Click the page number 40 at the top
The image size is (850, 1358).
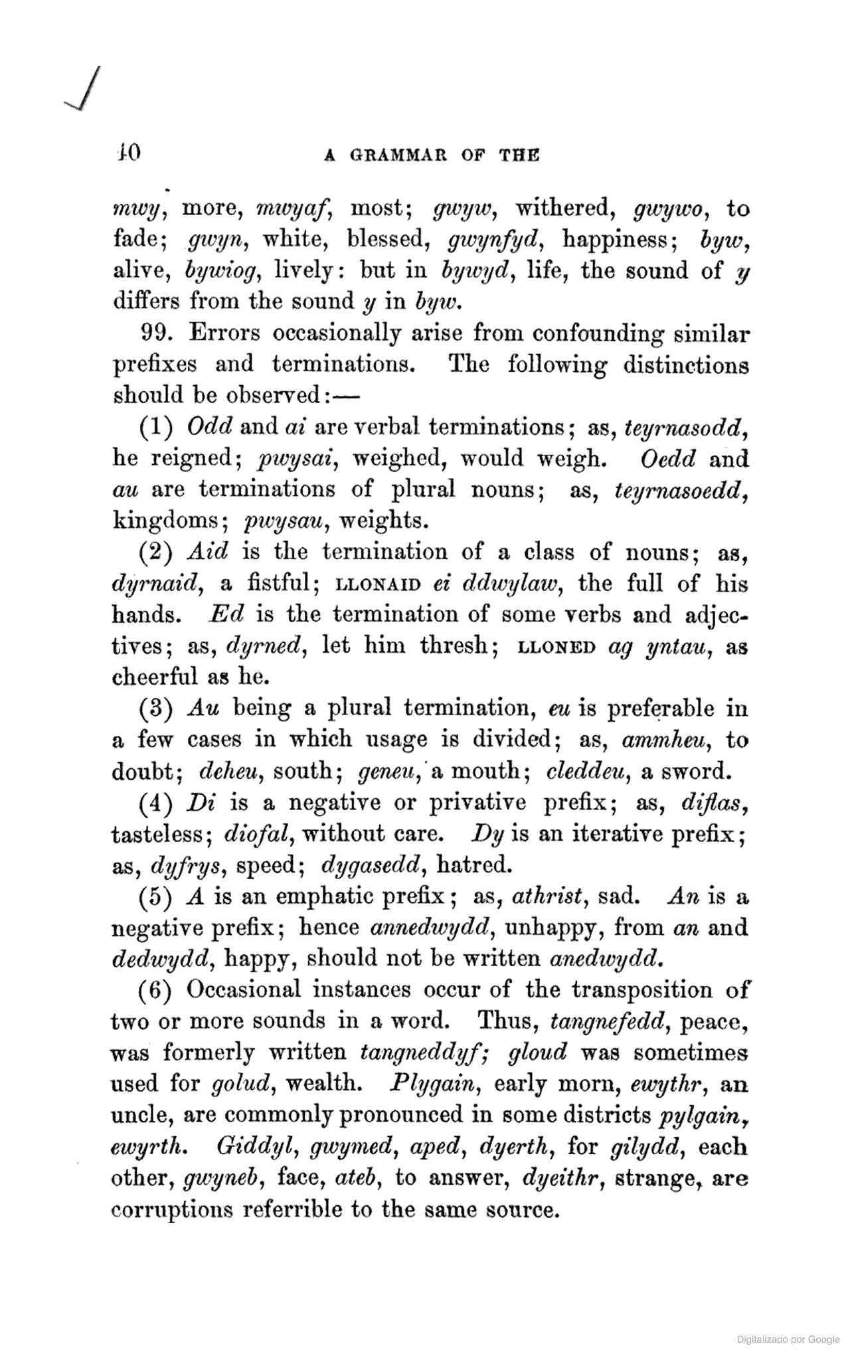pyautogui.click(x=126, y=153)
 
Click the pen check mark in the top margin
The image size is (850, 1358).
pyautogui.click(x=82, y=89)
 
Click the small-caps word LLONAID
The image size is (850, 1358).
pyautogui.click(x=379, y=585)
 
